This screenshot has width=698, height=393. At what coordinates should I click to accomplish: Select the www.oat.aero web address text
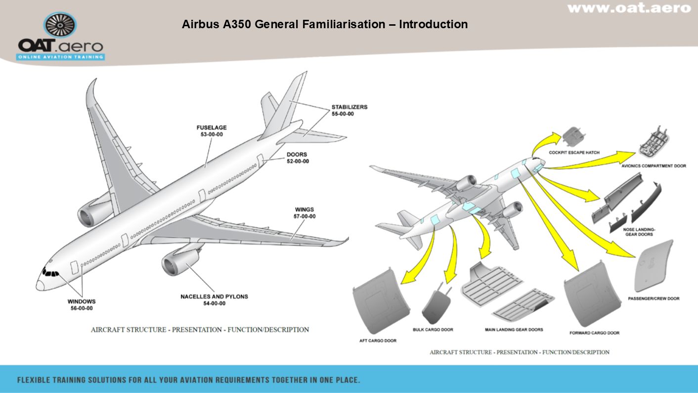coord(629,8)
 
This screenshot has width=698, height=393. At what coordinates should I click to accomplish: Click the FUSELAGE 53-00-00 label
coord(212,131)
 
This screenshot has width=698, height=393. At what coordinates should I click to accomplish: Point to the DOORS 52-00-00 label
coord(298,157)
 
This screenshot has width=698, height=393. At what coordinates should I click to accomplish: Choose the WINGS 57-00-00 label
coord(305,213)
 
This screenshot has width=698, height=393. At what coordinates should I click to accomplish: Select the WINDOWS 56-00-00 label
coord(82,304)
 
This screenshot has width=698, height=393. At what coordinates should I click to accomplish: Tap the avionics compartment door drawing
coord(654,144)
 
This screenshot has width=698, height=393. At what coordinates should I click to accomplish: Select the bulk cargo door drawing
coord(437,307)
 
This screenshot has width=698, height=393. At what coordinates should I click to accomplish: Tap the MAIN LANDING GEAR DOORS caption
coord(514,330)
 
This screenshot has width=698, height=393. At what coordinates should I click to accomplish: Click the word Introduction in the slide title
coord(433,24)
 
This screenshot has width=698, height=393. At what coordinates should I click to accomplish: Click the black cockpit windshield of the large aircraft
coord(50,272)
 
